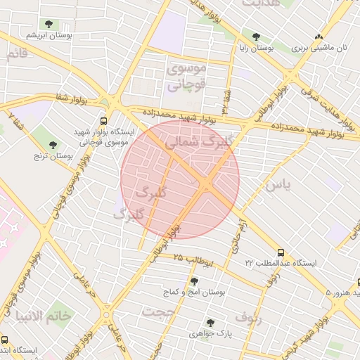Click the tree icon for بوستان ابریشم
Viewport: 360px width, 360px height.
48,25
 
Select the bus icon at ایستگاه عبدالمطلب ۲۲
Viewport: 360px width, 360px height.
281,252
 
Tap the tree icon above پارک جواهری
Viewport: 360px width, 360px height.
209,323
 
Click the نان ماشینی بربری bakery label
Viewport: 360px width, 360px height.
320,49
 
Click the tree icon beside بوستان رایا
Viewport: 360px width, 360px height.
255,37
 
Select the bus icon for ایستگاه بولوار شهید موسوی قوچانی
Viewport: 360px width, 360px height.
104,121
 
